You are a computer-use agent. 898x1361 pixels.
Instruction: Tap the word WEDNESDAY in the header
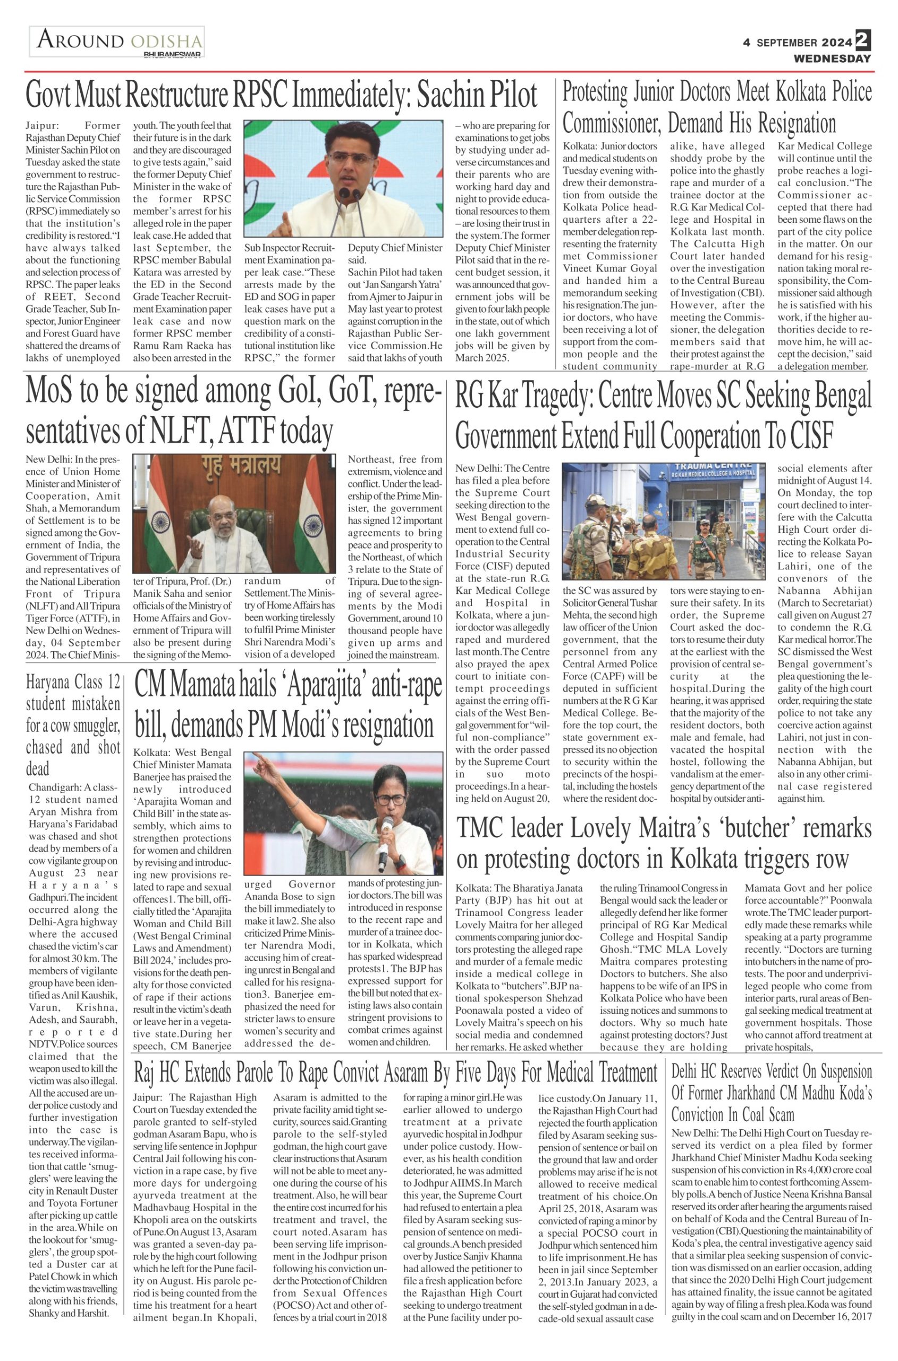coord(832,58)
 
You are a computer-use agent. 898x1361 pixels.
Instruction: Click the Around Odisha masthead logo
coord(117,42)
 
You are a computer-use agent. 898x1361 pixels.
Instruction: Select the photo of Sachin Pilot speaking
coord(343,178)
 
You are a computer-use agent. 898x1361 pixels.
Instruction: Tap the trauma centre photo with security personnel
coord(663,520)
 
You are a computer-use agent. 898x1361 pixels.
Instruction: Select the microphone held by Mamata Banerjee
coord(385,834)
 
